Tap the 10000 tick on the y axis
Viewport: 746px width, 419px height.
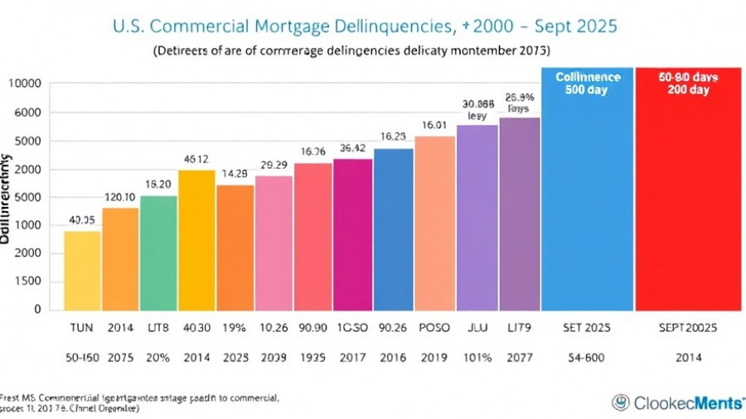(25, 84)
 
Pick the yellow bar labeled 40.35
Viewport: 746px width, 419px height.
(82, 270)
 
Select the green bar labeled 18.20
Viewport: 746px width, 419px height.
(158, 253)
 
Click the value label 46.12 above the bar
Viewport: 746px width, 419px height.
(196, 160)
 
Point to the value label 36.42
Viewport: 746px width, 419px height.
(352, 148)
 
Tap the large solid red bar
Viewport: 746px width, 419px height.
(688, 190)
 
